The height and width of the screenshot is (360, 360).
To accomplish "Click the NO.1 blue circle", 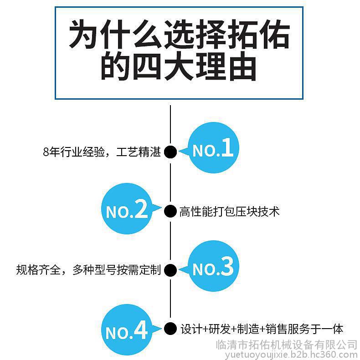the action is pyautogui.click(x=214, y=147).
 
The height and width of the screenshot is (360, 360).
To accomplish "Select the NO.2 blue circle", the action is pyautogui.click(x=127, y=209).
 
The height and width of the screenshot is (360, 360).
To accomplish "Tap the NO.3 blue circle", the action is pyautogui.click(x=214, y=266).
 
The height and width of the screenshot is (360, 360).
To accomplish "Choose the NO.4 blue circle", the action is pyautogui.click(x=127, y=330).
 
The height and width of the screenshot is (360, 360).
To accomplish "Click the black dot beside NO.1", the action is pyautogui.click(x=170, y=152).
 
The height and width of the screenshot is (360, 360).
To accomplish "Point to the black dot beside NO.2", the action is pyautogui.click(x=170, y=211).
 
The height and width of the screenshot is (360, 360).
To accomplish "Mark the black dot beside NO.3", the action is pyautogui.click(x=170, y=270).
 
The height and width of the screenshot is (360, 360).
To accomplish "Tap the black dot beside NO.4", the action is pyautogui.click(x=170, y=329).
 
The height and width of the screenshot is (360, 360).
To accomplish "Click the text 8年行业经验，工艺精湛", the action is pyautogui.click(x=102, y=152).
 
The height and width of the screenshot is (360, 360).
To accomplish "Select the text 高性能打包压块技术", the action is pyautogui.click(x=229, y=212).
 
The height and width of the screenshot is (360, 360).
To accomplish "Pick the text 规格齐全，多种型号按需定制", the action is pyautogui.click(x=88, y=270).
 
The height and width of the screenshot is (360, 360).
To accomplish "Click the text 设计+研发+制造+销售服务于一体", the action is pyautogui.click(x=262, y=329).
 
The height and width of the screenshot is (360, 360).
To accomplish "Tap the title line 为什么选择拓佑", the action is pyautogui.click(x=179, y=35).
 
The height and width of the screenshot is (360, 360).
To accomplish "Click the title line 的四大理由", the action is pyautogui.click(x=179, y=66).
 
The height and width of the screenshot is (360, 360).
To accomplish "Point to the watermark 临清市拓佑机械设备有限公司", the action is pyautogui.click(x=287, y=345).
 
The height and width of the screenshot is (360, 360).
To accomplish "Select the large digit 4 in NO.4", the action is pyautogui.click(x=140, y=330).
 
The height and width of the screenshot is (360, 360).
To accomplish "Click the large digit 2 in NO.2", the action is pyautogui.click(x=141, y=209).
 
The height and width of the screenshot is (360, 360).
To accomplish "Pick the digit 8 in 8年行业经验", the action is pyautogui.click(x=46, y=152).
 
